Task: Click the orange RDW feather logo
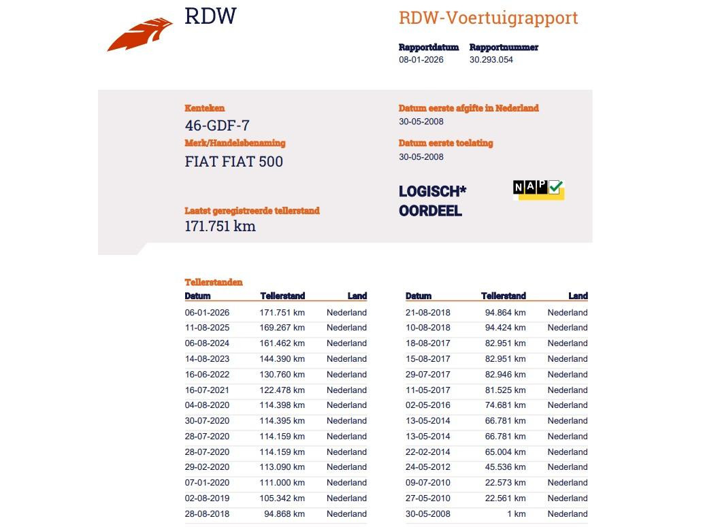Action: [x=140, y=35]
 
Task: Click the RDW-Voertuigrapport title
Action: [x=488, y=18]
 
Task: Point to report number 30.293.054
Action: [x=491, y=60]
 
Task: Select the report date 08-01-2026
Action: [x=421, y=60]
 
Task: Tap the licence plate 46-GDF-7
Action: [x=217, y=126]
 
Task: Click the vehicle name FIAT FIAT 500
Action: [x=233, y=162]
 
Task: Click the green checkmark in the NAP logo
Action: [x=556, y=187]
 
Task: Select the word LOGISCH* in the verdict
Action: [x=432, y=192]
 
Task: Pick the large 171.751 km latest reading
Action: [x=220, y=226]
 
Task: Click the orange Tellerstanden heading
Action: [x=214, y=282]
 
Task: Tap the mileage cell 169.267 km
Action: [x=282, y=328]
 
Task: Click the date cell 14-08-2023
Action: [x=207, y=359]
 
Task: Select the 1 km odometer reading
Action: [x=516, y=514]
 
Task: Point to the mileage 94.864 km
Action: [x=505, y=313]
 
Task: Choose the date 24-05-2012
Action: [x=427, y=467]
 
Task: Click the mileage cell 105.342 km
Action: [x=282, y=498]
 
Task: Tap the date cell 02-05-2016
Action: [x=427, y=405]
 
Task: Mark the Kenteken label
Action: [x=204, y=108]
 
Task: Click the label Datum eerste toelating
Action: [x=446, y=143]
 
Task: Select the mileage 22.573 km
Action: [x=505, y=483]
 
